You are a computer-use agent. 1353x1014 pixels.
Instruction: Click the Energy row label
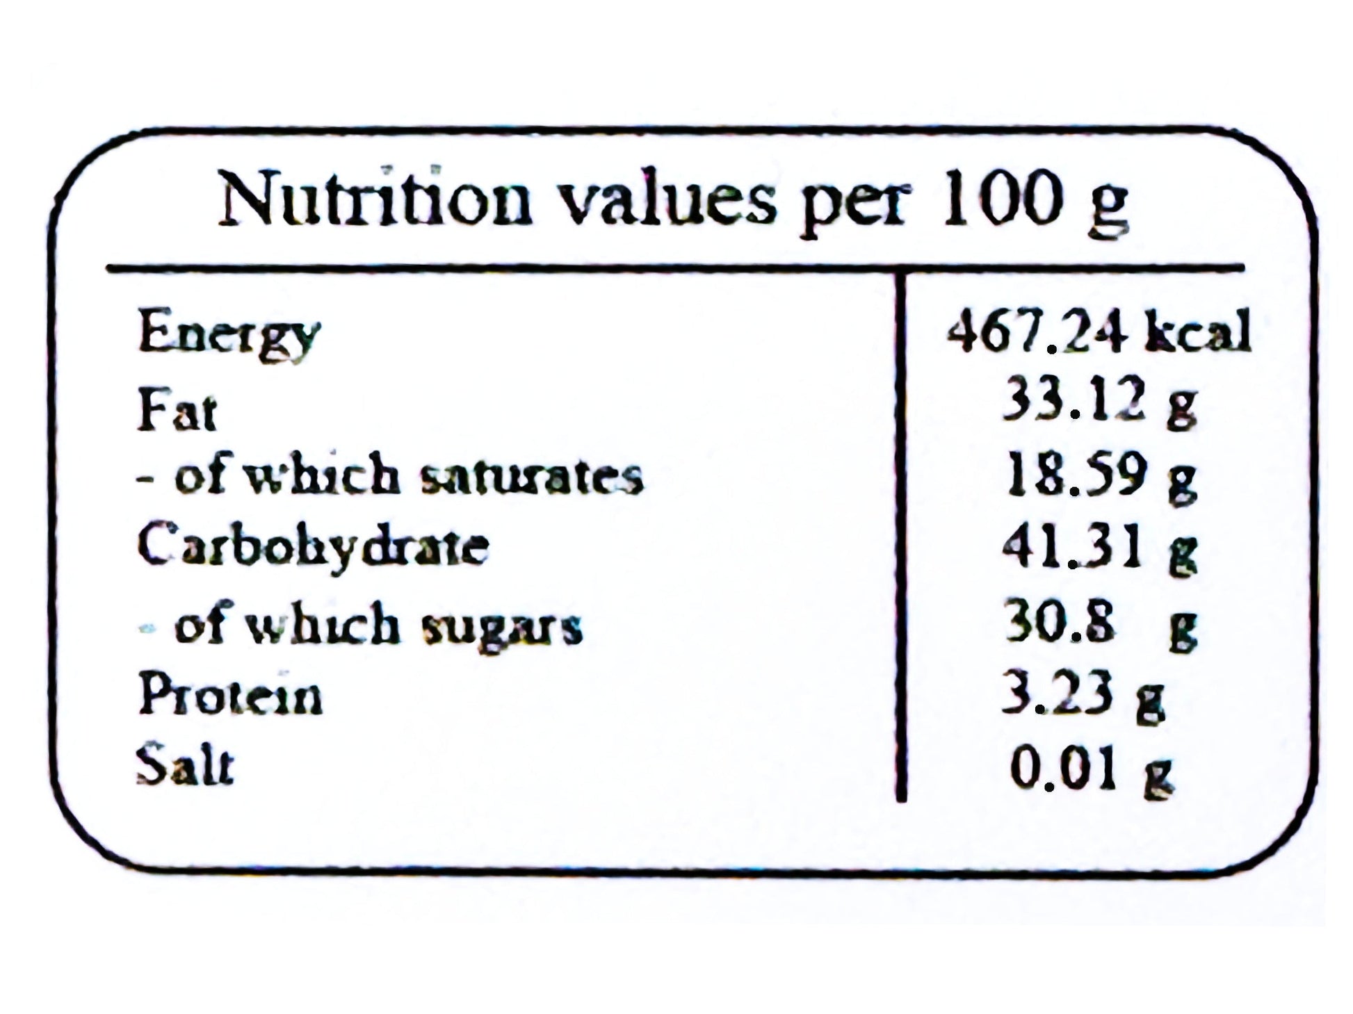229,334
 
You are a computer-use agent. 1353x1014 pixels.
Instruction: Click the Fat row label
177,410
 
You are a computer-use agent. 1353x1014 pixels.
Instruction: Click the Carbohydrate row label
313,546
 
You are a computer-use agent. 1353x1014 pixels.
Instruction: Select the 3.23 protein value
1056,693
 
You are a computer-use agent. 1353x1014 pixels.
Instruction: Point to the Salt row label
185,766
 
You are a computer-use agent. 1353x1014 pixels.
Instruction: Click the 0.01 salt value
1063,769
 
